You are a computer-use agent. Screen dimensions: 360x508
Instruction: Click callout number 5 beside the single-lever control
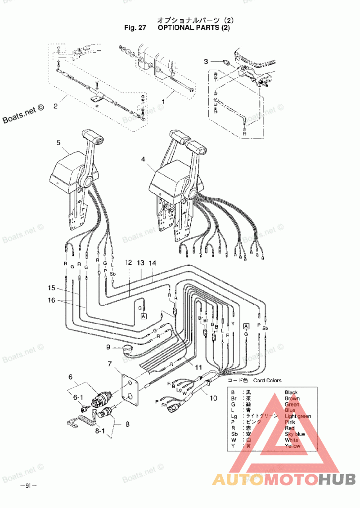58,143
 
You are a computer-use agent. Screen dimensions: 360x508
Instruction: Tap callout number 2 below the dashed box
55,107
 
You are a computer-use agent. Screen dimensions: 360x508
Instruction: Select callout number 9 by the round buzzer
108,347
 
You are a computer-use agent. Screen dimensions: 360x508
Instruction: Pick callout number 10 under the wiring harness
213,397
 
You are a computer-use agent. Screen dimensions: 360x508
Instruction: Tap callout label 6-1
78,397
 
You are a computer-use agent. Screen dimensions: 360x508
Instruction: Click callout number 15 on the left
52,287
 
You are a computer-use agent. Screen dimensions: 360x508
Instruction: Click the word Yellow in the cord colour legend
292,446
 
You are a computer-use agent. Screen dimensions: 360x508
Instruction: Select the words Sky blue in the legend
295,434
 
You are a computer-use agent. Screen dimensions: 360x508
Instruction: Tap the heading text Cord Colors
267,380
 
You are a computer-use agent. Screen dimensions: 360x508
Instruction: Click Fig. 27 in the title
135,27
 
